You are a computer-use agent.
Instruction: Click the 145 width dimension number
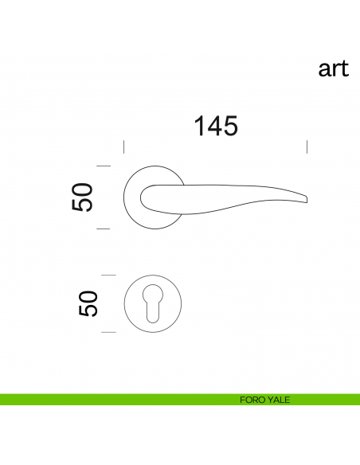(x=216, y=126)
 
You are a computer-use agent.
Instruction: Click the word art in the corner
(x=333, y=68)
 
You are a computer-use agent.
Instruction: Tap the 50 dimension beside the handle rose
(x=82, y=197)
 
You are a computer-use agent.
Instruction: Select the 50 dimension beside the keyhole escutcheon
(x=88, y=303)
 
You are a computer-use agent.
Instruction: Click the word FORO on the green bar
(x=252, y=400)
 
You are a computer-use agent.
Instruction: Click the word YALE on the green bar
(x=278, y=400)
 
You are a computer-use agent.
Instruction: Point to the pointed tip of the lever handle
(x=307, y=199)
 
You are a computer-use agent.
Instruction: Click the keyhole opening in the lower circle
(x=153, y=303)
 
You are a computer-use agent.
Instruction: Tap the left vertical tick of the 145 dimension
(x=124, y=147)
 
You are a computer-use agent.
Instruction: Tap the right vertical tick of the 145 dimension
(x=307, y=147)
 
